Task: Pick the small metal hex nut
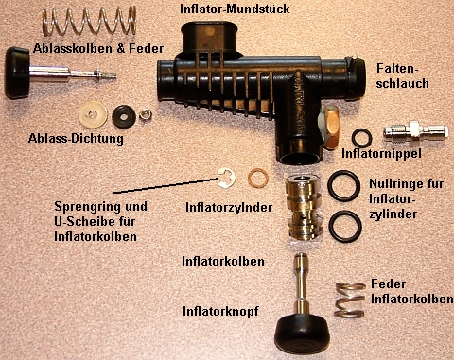point(148,114)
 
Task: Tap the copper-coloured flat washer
point(256,179)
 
